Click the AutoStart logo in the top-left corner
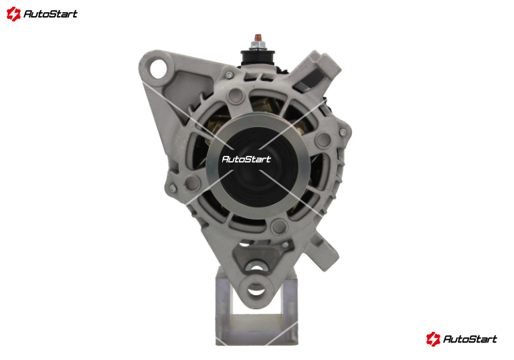pos(42,14)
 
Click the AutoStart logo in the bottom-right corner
pos(462,339)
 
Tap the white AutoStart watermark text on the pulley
pos(246,159)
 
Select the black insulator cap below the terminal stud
pos(257,58)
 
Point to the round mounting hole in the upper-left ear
pos(159,68)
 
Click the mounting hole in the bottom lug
pos(256,289)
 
